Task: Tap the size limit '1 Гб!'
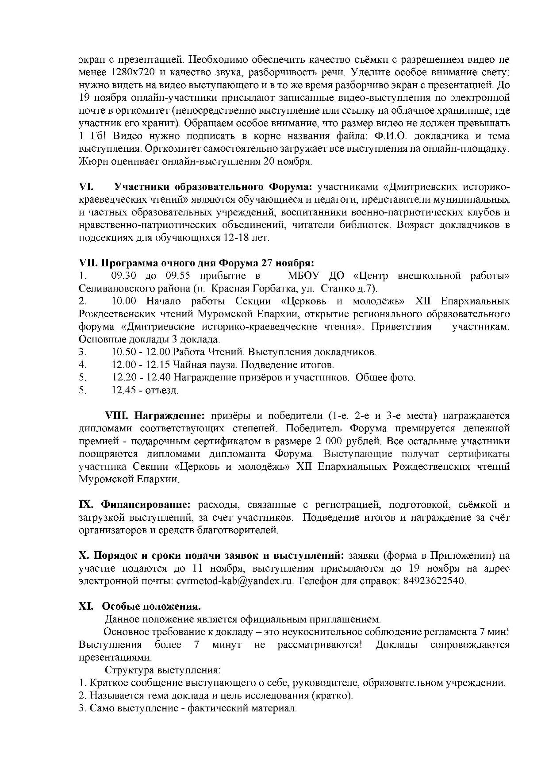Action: tap(92, 136)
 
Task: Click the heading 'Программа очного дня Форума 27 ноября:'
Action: tap(196, 263)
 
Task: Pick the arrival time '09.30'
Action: tap(125, 276)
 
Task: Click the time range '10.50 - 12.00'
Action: tap(141, 352)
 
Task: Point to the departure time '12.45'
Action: tap(124, 390)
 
